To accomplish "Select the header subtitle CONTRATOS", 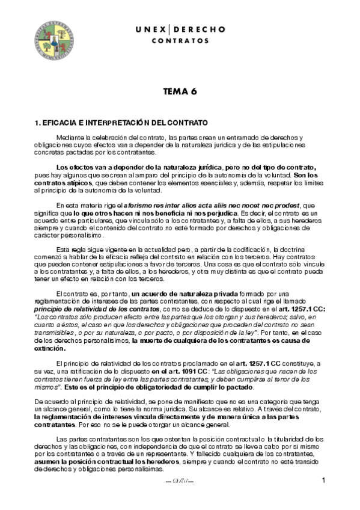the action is point(180,41).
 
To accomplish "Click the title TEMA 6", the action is point(180,92).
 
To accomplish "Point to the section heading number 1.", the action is point(38,122).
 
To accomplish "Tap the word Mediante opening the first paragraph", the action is point(69,138).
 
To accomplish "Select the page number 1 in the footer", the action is point(324,480).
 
